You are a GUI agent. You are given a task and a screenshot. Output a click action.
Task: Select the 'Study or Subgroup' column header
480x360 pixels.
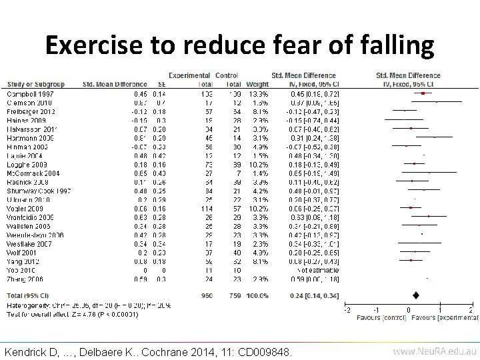click(34, 85)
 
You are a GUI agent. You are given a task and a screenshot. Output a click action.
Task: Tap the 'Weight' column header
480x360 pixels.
click(257, 85)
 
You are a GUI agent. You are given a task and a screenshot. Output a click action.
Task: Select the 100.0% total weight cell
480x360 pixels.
click(257, 294)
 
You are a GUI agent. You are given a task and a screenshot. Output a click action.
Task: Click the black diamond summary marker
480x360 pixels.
click(416, 294)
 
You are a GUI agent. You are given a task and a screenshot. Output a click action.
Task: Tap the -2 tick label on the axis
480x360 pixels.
click(346, 310)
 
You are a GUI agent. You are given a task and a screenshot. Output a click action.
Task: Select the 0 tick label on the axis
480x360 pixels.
click(408, 310)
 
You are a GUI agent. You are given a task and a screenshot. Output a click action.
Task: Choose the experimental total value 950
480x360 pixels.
click(206, 294)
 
